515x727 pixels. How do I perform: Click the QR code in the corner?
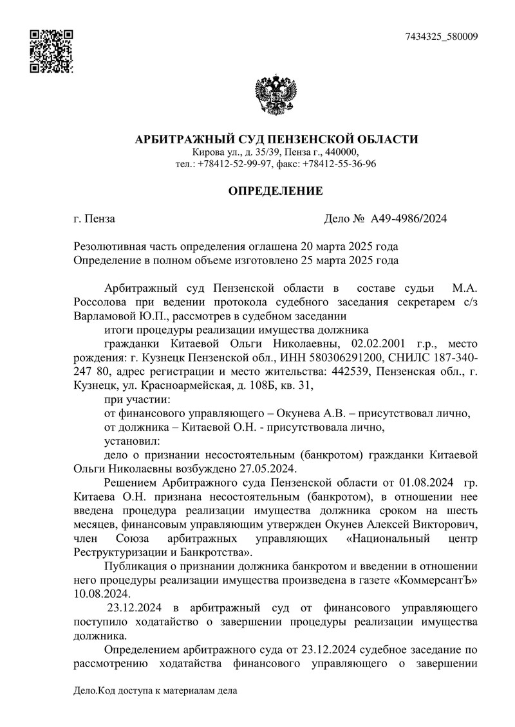tap(52, 51)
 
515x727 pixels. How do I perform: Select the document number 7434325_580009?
tap(441, 36)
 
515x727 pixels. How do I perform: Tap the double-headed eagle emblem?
tap(275, 96)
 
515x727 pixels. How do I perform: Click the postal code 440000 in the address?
tap(341, 152)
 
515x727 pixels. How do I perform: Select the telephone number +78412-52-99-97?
tap(234, 163)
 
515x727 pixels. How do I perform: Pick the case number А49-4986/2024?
tap(409, 219)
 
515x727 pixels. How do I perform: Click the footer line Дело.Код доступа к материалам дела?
tap(156, 691)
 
